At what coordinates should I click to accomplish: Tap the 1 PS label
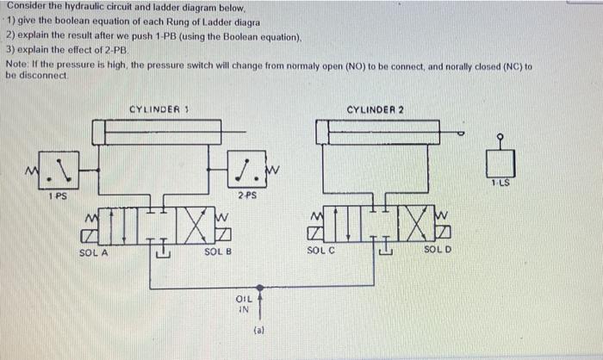click(58, 196)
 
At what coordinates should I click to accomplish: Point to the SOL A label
click(91, 251)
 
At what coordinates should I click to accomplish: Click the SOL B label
click(217, 251)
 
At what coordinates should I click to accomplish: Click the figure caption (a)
click(258, 329)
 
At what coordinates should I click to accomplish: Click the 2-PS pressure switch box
click(248, 170)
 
